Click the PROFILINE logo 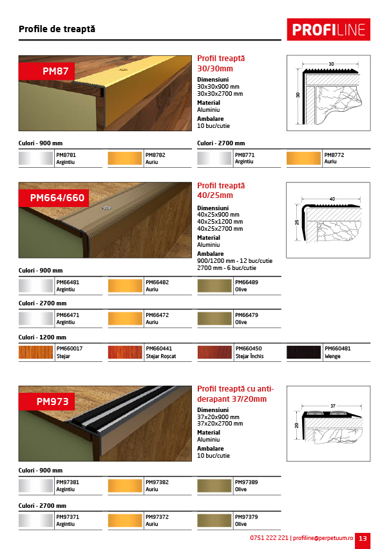[x=328, y=30]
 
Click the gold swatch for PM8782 [x=124, y=159]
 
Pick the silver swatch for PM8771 [x=214, y=159]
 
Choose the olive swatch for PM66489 [x=214, y=286]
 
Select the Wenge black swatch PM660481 [x=303, y=352]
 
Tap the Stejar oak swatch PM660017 [x=35, y=352]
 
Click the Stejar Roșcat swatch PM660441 [x=124, y=352]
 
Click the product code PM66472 [x=158, y=315]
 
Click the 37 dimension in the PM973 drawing [x=331, y=406]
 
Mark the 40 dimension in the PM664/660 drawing [x=332, y=199]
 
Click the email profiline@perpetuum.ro [x=323, y=538]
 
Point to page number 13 [x=363, y=538]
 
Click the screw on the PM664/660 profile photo [x=106, y=208]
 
